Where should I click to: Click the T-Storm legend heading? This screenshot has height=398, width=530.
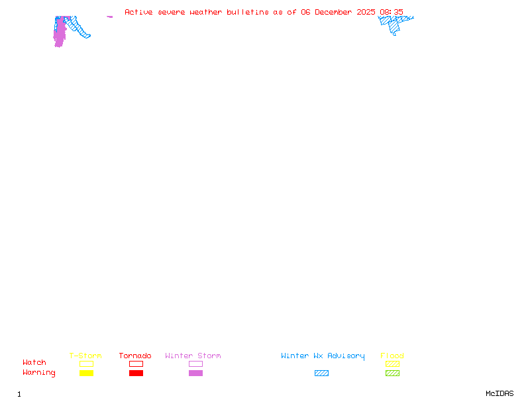pyautogui.click(x=85, y=356)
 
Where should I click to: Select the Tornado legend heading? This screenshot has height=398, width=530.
pyautogui.click(x=135, y=356)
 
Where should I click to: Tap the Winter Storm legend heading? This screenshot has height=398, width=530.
pyautogui.click(x=193, y=356)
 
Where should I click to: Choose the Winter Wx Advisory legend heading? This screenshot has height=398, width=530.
pyautogui.click(x=323, y=356)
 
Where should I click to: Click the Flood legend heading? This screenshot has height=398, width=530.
pyautogui.click(x=392, y=356)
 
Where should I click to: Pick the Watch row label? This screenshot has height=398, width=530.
pyautogui.click(x=34, y=363)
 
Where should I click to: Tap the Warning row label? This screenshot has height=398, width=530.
pyautogui.click(x=39, y=373)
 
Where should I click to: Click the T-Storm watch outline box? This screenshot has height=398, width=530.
pyautogui.click(x=86, y=364)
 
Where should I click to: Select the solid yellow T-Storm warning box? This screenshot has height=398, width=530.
pyautogui.click(x=86, y=373)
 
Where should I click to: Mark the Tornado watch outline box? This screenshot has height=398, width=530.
pyautogui.click(x=136, y=364)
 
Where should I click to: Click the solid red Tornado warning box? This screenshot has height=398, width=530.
pyautogui.click(x=136, y=373)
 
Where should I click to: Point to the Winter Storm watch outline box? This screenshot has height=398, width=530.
pyautogui.click(x=195, y=364)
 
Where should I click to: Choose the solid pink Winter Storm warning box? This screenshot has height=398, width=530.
pyautogui.click(x=195, y=373)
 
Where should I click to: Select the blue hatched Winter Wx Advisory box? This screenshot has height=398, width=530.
pyautogui.click(x=321, y=373)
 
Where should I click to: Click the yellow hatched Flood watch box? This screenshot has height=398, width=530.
pyautogui.click(x=392, y=364)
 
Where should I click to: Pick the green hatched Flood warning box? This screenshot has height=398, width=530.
pyautogui.click(x=392, y=373)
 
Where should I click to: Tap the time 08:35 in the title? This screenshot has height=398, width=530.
pyautogui.click(x=392, y=13)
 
